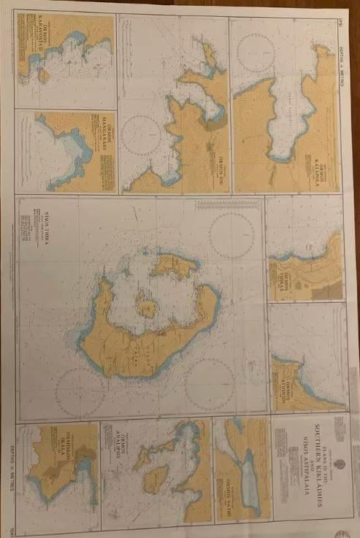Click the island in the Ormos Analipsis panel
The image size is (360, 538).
156,479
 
